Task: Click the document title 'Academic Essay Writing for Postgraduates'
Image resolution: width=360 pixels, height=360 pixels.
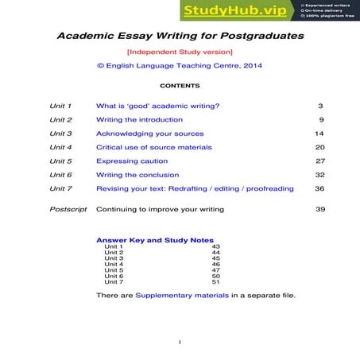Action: click(180, 37)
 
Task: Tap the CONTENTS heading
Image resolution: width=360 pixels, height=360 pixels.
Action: click(180, 85)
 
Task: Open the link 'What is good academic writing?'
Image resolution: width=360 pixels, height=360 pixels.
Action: click(157, 106)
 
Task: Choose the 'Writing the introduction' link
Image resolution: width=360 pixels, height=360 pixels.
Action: click(137, 119)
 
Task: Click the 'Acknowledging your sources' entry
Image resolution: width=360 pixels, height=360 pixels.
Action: click(149, 134)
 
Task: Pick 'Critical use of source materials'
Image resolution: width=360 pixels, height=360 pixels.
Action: click(154, 147)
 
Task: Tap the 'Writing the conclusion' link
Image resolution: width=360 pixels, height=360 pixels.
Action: click(137, 175)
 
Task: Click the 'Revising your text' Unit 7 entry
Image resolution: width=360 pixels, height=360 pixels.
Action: click(195, 188)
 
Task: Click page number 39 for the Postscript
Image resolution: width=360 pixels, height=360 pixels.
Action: click(320, 209)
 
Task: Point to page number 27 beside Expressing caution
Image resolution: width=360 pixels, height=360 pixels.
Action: click(320, 161)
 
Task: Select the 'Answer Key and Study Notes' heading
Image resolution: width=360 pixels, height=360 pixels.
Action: click(154, 240)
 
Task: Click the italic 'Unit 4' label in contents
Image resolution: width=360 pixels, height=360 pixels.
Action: click(60, 147)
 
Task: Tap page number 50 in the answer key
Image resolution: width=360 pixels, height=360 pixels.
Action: click(215, 276)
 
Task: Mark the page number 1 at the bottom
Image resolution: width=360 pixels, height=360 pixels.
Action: click(180, 343)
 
